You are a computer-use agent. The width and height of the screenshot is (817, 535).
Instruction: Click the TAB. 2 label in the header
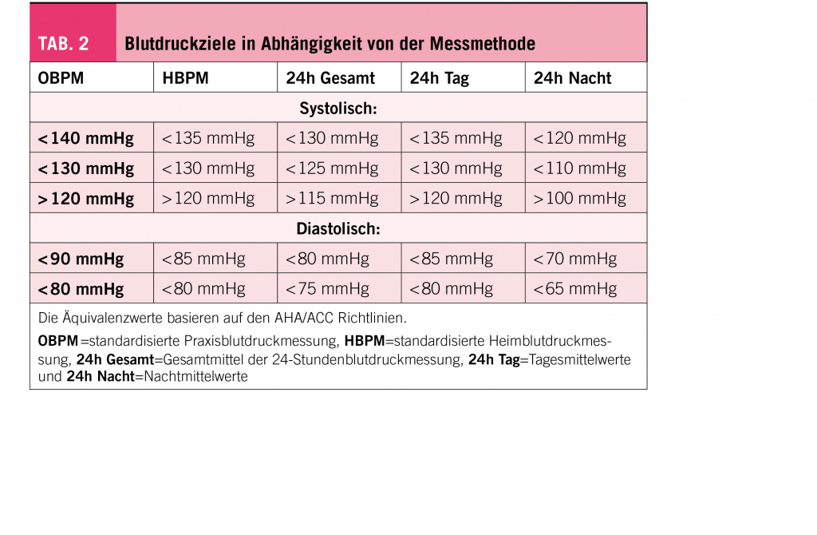pyautogui.click(x=64, y=43)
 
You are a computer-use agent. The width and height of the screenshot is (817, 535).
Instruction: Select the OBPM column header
pyautogui.click(x=61, y=78)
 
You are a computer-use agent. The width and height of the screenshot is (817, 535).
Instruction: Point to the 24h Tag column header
pyautogui.click(x=439, y=78)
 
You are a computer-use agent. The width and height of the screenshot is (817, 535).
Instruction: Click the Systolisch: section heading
pyautogui.click(x=338, y=108)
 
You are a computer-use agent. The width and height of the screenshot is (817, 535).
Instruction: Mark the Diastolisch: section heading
pyautogui.click(x=338, y=229)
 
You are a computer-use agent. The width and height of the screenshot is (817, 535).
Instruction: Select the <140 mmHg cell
pyautogui.click(x=85, y=139)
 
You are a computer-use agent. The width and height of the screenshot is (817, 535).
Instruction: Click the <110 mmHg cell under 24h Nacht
pyautogui.click(x=579, y=169)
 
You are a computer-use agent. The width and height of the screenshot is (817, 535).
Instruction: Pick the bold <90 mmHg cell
pyautogui.click(x=81, y=260)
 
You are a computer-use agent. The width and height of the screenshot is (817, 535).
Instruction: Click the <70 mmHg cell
pyautogui.click(x=574, y=260)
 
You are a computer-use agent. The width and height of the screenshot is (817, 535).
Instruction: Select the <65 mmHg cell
pyautogui.click(x=574, y=289)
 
